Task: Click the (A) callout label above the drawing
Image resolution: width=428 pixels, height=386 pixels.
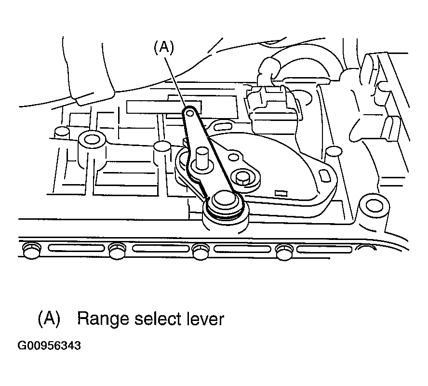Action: tap(164, 47)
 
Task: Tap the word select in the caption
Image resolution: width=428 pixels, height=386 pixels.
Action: tap(158, 319)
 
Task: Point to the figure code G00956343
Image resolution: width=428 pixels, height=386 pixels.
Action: tap(49, 346)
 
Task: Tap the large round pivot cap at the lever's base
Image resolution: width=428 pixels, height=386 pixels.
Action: tap(225, 201)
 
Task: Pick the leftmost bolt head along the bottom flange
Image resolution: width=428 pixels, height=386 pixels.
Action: tap(32, 250)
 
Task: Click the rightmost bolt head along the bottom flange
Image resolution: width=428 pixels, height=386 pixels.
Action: tap(284, 252)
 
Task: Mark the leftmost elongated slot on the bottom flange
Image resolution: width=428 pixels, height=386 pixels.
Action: tap(77, 248)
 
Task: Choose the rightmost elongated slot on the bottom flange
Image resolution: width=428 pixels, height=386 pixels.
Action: tap(324, 249)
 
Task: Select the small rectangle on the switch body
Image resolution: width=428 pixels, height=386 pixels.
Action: tap(281, 194)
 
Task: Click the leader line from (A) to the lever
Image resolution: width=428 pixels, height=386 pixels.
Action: tap(176, 81)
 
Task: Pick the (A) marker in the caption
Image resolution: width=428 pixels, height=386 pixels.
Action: tap(49, 319)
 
